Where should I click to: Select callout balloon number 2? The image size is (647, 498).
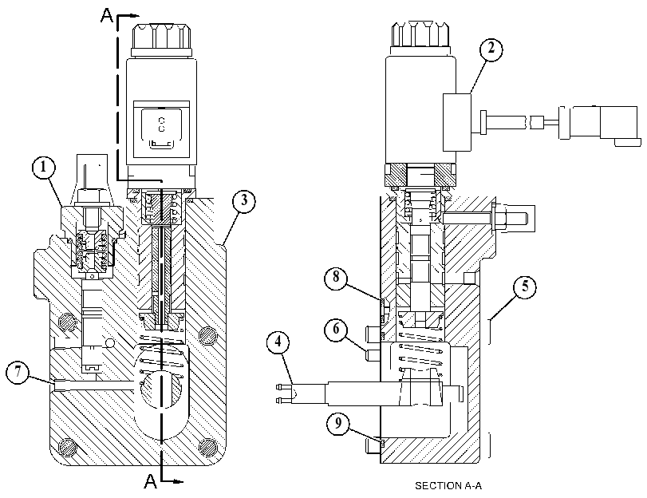[x=491, y=49]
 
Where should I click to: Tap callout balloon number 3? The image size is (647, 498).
[x=244, y=201]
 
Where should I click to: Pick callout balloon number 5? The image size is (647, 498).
[x=525, y=287]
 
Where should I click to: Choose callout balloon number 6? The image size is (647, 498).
[x=337, y=330]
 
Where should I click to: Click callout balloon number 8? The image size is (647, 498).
[x=336, y=278]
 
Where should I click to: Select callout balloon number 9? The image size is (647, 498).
[x=338, y=424]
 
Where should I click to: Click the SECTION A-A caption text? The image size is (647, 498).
[x=448, y=485]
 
